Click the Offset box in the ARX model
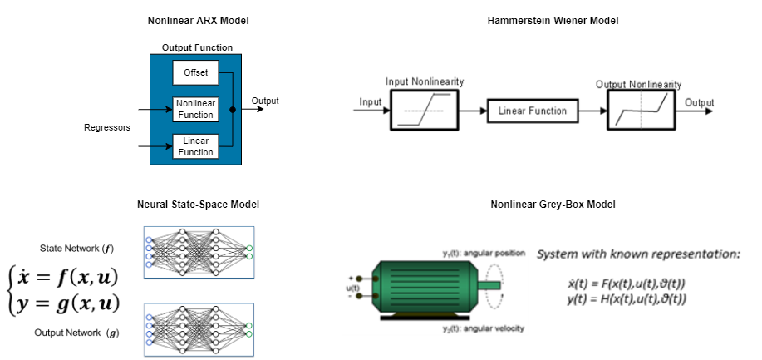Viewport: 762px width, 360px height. (195, 72)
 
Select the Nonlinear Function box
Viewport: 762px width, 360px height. (195, 109)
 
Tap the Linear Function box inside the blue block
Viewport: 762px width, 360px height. (195, 146)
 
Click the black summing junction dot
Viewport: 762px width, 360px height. (233, 110)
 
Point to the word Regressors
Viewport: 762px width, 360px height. (107, 127)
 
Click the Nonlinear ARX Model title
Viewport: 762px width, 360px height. (199, 21)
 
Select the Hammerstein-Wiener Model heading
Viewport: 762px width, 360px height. (553, 21)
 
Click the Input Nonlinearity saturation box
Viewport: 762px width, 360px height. (425, 110)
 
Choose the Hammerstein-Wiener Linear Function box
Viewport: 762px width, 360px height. (533, 111)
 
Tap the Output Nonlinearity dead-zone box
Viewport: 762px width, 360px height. (642, 110)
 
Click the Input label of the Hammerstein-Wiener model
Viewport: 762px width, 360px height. (371, 102)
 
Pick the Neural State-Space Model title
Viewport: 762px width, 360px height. (199, 205)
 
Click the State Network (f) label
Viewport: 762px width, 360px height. (76, 249)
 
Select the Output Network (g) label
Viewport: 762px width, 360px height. (76, 333)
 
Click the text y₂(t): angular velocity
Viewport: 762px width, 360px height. (483, 328)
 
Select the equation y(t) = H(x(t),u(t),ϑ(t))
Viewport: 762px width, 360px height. (627, 298)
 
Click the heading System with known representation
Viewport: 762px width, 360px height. (638, 254)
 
